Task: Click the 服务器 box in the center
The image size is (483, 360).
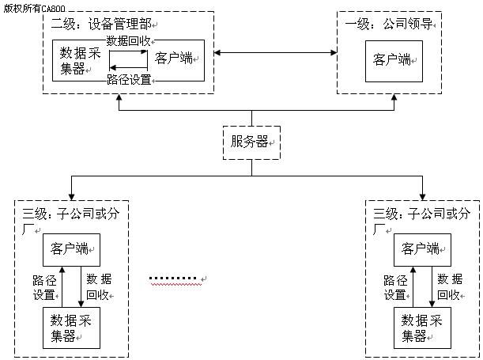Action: pos(251,142)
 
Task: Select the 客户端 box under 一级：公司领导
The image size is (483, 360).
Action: pos(393,61)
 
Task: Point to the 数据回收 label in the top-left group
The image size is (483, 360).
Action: pos(128,40)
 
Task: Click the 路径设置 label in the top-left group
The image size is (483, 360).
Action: pos(128,79)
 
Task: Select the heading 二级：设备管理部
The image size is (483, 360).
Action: pos(100,23)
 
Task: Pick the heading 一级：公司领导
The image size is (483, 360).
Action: pos(387,23)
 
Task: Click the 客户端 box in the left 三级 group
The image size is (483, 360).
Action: pos(70,249)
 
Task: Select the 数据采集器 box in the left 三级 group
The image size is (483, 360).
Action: pos(70,328)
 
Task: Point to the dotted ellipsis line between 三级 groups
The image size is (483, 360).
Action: pos(174,279)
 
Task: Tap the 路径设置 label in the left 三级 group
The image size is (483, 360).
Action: pos(43,287)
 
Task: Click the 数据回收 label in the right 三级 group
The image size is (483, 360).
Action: pos(450,287)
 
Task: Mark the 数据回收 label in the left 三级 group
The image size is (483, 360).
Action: pos(99,287)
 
